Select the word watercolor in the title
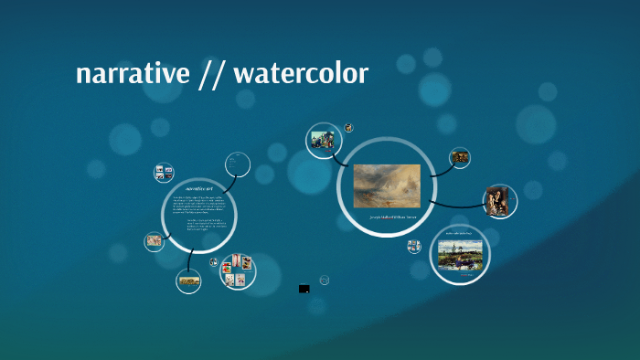(x=301, y=74)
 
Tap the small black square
(x=304, y=289)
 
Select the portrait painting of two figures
(x=500, y=201)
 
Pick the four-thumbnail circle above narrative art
(x=165, y=172)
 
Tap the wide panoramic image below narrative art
(x=189, y=282)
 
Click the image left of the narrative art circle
(x=154, y=242)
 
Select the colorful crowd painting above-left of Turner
(x=322, y=140)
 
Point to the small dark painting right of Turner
(x=461, y=156)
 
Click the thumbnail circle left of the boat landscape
(x=414, y=246)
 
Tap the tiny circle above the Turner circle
(x=348, y=128)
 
